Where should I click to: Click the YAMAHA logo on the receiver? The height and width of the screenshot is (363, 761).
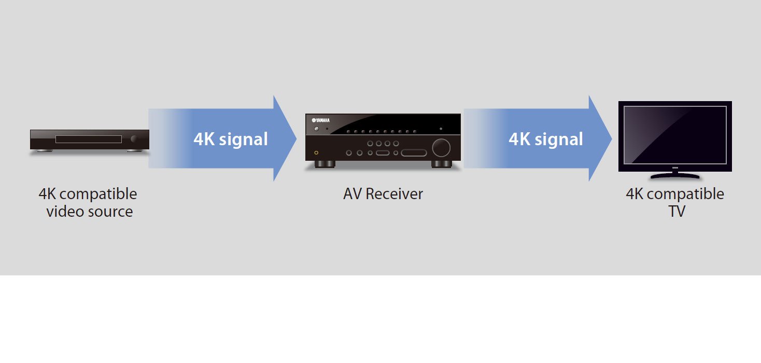pyautogui.click(x=321, y=120)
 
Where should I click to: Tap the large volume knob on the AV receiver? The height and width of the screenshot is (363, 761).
pyautogui.click(x=441, y=148)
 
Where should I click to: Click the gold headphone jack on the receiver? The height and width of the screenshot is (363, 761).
pyautogui.click(x=316, y=153)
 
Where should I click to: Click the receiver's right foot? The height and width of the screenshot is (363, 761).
pyautogui.click(x=441, y=164)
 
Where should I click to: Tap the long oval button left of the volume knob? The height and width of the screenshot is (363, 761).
pyautogui.click(x=414, y=153)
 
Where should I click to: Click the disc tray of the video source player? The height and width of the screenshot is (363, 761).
pyautogui.click(x=88, y=139)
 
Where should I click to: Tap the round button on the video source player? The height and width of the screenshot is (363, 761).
pyautogui.click(x=135, y=139)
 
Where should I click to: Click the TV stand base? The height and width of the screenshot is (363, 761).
pyautogui.click(x=675, y=176)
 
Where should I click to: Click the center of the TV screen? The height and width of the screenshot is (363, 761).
pyautogui.click(x=675, y=135)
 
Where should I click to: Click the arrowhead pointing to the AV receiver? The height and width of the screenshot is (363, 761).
pyautogui.click(x=285, y=138)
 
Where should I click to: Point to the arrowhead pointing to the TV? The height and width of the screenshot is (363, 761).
pyautogui.click(x=600, y=138)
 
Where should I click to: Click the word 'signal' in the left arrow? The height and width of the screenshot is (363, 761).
pyautogui.click(x=244, y=139)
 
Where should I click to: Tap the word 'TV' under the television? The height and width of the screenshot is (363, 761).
pyautogui.click(x=677, y=212)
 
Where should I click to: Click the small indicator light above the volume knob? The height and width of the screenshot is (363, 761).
pyautogui.click(x=441, y=128)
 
